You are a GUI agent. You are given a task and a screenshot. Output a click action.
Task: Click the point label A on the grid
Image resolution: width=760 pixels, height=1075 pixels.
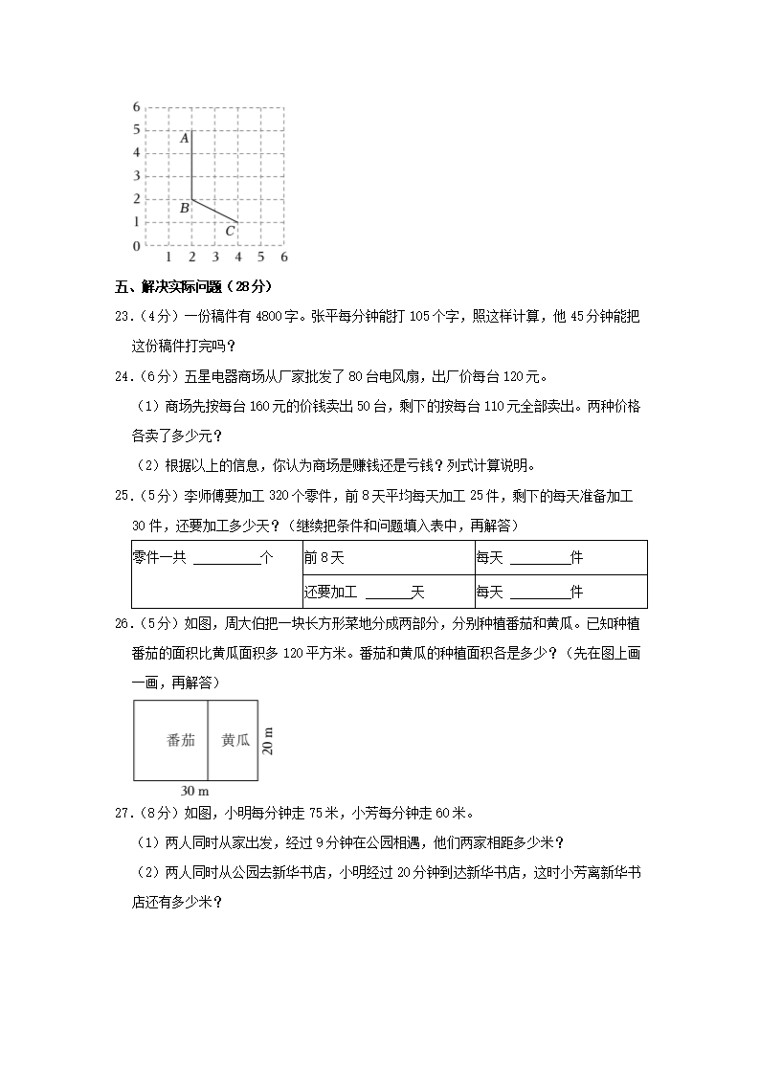point(184,139)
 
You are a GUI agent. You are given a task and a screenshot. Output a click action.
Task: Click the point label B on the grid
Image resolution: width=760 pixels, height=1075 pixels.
point(184,208)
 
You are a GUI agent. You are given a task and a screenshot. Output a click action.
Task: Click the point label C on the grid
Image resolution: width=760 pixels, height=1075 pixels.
point(230,231)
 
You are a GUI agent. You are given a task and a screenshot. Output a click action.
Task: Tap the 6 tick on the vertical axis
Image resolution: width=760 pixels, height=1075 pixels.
point(137,106)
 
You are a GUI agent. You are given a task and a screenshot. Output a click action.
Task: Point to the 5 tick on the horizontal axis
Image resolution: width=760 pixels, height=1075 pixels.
point(261,258)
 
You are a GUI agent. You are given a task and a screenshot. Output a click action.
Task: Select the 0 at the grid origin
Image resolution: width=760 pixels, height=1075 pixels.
point(137,246)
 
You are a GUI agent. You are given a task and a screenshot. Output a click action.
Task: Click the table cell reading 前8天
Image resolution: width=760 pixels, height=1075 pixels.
point(324,558)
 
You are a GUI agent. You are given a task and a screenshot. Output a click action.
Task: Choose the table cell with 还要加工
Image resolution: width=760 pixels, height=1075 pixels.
point(364,592)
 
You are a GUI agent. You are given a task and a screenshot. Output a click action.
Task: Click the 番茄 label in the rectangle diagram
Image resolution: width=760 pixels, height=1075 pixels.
point(181,740)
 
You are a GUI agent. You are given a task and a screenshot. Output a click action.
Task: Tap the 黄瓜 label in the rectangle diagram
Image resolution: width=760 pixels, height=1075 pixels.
point(235,740)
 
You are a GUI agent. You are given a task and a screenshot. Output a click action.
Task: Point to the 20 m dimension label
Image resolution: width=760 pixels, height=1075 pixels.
point(268,740)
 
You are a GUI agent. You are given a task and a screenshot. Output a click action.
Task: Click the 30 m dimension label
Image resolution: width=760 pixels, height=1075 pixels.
point(194,791)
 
